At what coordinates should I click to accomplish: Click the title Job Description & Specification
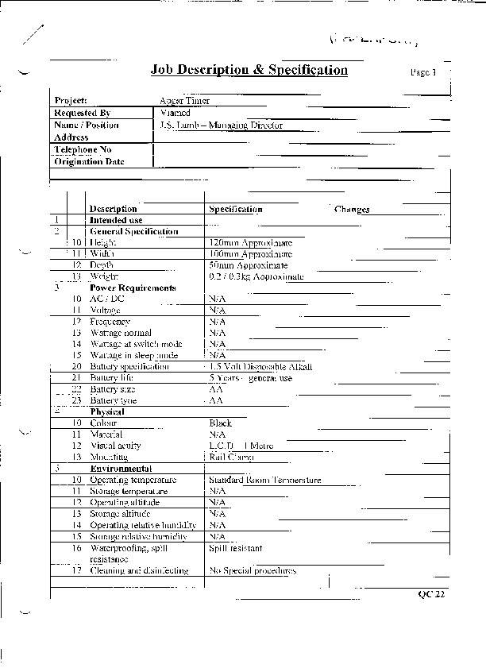(249, 70)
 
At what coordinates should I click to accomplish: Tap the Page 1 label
(423, 72)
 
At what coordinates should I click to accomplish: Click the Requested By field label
(83, 114)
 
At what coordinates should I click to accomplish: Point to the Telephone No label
(83, 149)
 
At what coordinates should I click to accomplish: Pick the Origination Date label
(90, 161)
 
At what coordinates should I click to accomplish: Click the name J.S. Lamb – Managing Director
(220, 125)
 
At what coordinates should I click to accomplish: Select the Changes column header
(352, 210)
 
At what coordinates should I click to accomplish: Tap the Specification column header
(235, 210)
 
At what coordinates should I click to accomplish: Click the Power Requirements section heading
(133, 288)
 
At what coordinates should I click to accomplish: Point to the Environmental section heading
(121, 469)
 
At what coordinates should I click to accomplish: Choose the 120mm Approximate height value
(250, 243)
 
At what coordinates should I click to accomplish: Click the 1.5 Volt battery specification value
(260, 367)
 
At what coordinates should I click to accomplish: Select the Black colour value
(220, 423)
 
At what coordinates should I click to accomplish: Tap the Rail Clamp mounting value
(231, 458)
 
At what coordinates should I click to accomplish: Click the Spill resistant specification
(235, 548)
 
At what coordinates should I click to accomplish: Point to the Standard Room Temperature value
(264, 481)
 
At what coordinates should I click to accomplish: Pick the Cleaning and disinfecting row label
(139, 571)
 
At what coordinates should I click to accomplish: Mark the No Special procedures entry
(253, 571)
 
